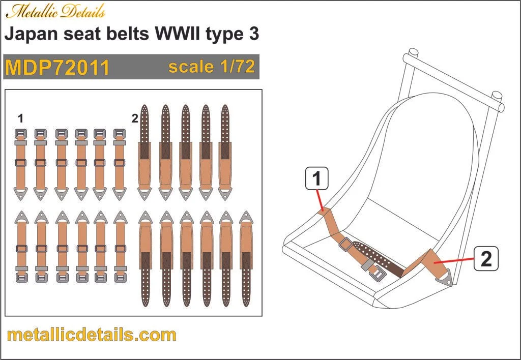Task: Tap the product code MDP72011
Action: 57,67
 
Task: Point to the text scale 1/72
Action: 211,67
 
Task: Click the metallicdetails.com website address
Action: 92,335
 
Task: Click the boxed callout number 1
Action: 316,179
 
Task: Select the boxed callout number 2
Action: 486,259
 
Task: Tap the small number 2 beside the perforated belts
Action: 134,119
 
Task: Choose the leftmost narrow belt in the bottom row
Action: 21,247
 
